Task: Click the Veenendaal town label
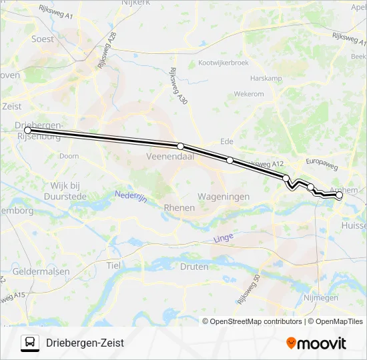click(x=169, y=157)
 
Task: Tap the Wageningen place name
click(x=223, y=197)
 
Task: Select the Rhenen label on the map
click(x=179, y=207)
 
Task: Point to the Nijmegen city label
click(x=320, y=297)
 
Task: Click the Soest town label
click(x=43, y=39)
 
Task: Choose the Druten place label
click(x=194, y=266)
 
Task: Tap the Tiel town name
click(x=112, y=265)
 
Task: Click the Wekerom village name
click(x=249, y=94)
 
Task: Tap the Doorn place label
click(x=69, y=156)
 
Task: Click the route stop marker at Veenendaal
click(x=180, y=145)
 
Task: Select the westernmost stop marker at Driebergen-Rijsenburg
click(x=27, y=131)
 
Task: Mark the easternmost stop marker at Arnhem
click(x=339, y=195)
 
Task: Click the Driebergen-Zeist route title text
click(x=85, y=343)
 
